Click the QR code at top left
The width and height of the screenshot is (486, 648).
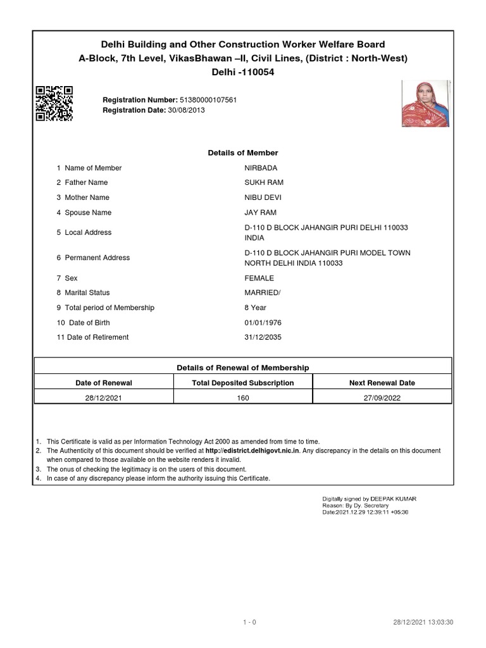point(54,103)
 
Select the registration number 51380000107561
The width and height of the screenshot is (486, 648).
point(209,100)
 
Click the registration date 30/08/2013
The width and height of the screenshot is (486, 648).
point(187,110)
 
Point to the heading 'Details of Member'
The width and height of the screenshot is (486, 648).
point(243,153)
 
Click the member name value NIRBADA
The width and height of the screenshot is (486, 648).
point(261,168)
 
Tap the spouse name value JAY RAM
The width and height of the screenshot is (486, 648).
point(260,213)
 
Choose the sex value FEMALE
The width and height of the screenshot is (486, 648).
point(259,278)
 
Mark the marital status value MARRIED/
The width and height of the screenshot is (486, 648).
point(263,293)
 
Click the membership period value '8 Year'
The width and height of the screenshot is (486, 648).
point(256,308)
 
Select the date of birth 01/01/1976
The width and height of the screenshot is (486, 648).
point(263,323)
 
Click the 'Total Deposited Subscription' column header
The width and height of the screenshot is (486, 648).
point(243,383)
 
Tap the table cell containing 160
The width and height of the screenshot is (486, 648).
point(243,398)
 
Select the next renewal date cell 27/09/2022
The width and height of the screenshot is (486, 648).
point(382,398)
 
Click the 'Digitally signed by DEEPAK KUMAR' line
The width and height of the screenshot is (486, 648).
point(370,499)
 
